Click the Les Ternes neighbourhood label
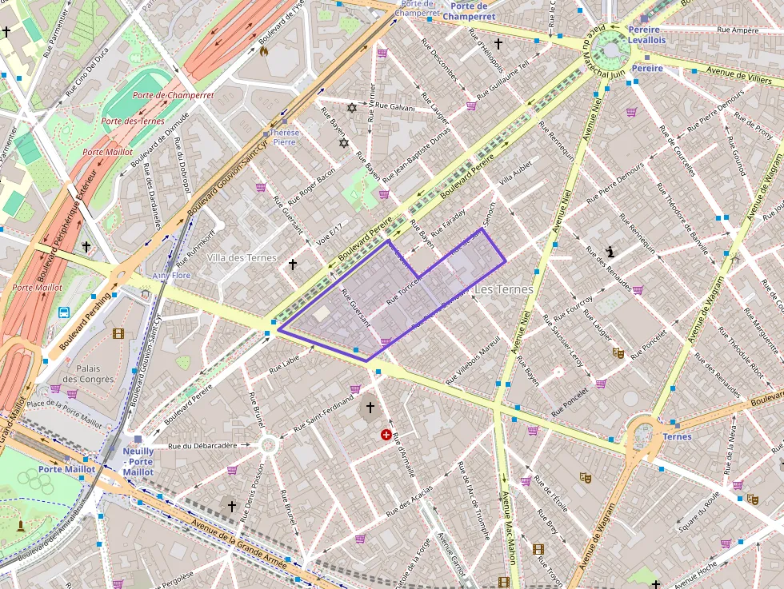pyautogui.click(x=503, y=289)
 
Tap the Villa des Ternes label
pyautogui.click(x=242, y=258)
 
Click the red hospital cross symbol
pyautogui.click(x=387, y=435)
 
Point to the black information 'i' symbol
pyautogui.click(x=611, y=252)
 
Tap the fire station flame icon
pyautogui.click(x=263, y=51)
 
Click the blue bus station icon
pyautogui.click(x=63, y=312)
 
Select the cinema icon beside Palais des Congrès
pyautogui.click(x=118, y=333)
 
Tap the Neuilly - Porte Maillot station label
pyautogui.click(x=138, y=461)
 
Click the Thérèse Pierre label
pyautogui.click(x=285, y=137)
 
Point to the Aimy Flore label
pyautogui.click(x=171, y=276)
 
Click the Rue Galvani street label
pyautogui.click(x=395, y=106)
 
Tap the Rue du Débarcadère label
pyautogui.click(x=202, y=445)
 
